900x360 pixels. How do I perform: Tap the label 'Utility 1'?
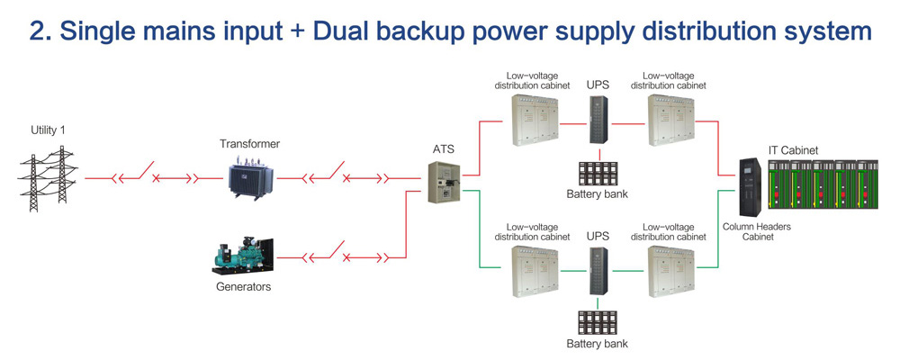pos(48,130)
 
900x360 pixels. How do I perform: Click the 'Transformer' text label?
pos(250,144)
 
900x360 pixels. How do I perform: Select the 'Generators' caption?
pos(242,287)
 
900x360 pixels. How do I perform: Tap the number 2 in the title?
pos(38,32)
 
